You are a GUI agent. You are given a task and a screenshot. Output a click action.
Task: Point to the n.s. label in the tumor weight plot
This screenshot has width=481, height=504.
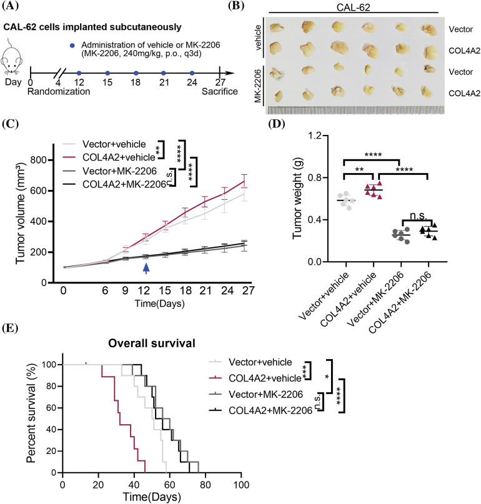[427, 215]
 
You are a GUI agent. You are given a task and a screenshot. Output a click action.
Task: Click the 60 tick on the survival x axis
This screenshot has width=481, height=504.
[169, 485]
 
